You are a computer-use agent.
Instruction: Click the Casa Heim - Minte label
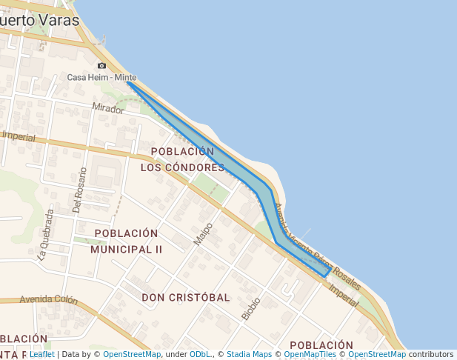click(x=101, y=77)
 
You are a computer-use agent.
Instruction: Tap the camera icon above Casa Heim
click(x=101, y=66)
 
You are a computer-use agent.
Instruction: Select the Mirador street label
click(x=108, y=108)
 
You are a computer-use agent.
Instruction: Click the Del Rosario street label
click(x=80, y=190)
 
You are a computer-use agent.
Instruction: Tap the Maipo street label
click(x=203, y=234)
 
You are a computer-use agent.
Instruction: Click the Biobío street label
click(x=251, y=308)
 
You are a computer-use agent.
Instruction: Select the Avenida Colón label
click(x=49, y=300)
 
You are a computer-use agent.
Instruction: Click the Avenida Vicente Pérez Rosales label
click(x=317, y=247)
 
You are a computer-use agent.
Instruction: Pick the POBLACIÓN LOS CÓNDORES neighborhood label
click(x=182, y=159)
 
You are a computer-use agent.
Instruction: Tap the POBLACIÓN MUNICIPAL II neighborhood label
click(x=127, y=241)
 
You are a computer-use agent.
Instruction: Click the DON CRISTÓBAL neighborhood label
click(x=185, y=297)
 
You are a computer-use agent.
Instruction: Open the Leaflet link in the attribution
click(x=41, y=354)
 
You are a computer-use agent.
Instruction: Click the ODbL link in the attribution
click(x=200, y=354)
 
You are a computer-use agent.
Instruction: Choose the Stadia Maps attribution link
click(x=249, y=354)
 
